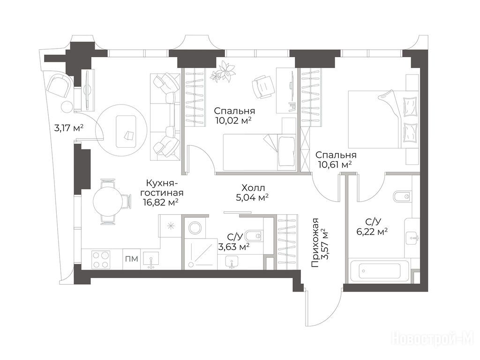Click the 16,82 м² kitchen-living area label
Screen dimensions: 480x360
point(161,202)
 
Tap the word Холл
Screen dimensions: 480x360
point(253,187)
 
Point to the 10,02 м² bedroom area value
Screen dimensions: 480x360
point(233,120)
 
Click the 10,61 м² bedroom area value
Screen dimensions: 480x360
point(335,165)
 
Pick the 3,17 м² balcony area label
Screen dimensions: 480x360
point(69,128)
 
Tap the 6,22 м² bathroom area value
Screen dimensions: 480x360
point(372,232)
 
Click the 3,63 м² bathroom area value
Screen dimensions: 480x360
point(233,247)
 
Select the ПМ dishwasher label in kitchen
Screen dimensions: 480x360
point(132,259)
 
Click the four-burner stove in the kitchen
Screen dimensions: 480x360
point(102,259)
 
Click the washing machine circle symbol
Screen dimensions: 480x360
point(195,228)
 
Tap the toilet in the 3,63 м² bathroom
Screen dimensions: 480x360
point(255,236)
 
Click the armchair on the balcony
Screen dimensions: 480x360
point(59,84)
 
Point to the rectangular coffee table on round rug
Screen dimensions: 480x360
point(127,131)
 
